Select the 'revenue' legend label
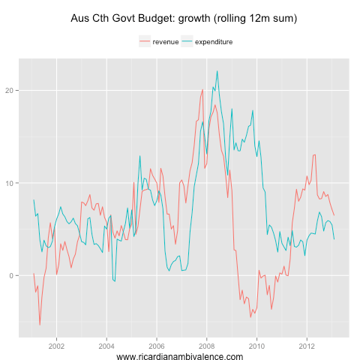[x=165, y=42]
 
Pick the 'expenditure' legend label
[x=214, y=42]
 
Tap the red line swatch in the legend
[x=145, y=42]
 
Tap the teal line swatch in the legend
[x=187, y=42]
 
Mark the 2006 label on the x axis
[x=157, y=346]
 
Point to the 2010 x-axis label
[x=257, y=346]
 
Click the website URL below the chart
[x=180, y=357]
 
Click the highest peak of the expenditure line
[x=217, y=71]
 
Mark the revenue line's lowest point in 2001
[x=40, y=325]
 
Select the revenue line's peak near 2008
[x=202, y=90]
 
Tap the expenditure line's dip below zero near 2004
[x=114, y=281]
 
